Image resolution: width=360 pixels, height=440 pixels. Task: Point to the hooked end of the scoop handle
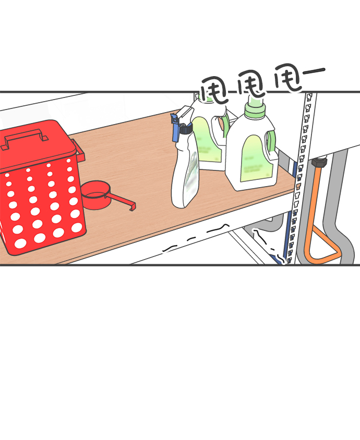click(133, 206)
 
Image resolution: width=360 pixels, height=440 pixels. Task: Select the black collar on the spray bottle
click(186, 129)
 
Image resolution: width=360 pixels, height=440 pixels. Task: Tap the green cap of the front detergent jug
click(255, 107)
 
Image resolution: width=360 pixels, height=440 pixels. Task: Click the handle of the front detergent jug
click(271, 143)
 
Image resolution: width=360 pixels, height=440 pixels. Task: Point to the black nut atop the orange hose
click(319, 162)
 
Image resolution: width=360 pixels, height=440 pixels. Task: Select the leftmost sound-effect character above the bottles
click(214, 89)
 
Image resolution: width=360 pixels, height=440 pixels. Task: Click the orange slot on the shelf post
click(298, 186)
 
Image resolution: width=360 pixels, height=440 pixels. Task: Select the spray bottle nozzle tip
click(174, 116)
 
